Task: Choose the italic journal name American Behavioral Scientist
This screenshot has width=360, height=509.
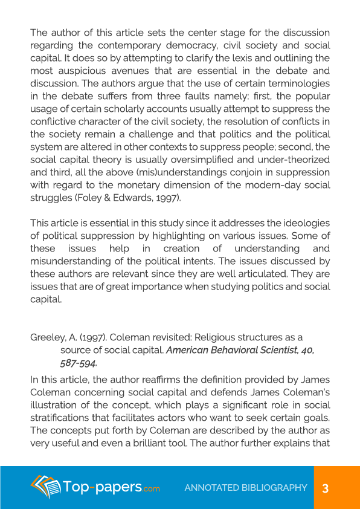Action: [x=232, y=349]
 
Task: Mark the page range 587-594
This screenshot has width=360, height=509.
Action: [x=79, y=363]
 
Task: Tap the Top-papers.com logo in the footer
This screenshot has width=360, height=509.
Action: [x=95, y=487]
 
